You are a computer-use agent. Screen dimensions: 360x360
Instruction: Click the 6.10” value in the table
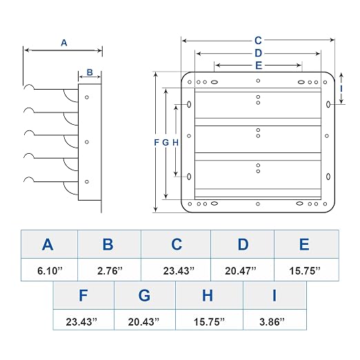[50, 270]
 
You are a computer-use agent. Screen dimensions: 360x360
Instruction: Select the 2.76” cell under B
[110, 270]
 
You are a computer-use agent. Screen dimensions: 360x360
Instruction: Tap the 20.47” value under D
[241, 270]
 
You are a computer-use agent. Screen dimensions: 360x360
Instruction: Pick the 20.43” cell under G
[143, 321]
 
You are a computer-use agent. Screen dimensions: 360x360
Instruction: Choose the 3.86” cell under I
[272, 321]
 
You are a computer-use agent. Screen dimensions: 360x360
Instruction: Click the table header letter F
[83, 295]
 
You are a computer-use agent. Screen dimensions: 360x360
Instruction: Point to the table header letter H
[208, 295]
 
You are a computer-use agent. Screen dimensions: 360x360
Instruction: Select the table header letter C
[177, 244]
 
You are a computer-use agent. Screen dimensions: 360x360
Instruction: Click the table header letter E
[304, 244]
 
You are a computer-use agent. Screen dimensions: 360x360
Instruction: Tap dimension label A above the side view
[64, 43]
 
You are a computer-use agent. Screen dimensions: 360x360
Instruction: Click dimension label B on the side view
[90, 72]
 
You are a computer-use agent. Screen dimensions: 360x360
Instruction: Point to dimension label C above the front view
[258, 41]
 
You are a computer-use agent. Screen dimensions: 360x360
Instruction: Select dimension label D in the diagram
[258, 53]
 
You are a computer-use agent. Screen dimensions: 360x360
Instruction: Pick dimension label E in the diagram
[259, 66]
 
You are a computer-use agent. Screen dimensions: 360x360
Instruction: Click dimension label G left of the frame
[166, 143]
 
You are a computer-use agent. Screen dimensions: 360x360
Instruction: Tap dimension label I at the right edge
[341, 89]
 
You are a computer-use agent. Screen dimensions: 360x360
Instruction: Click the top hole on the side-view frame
[87, 97]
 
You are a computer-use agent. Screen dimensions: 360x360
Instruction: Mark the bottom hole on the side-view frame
[87, 181]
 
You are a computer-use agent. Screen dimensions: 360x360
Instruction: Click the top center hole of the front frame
[258, 81]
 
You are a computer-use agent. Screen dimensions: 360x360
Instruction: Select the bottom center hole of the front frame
[258, 204]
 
